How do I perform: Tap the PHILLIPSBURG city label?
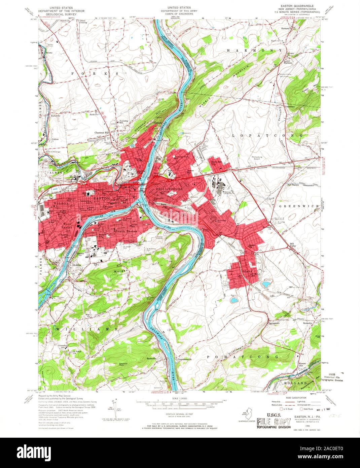169,190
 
